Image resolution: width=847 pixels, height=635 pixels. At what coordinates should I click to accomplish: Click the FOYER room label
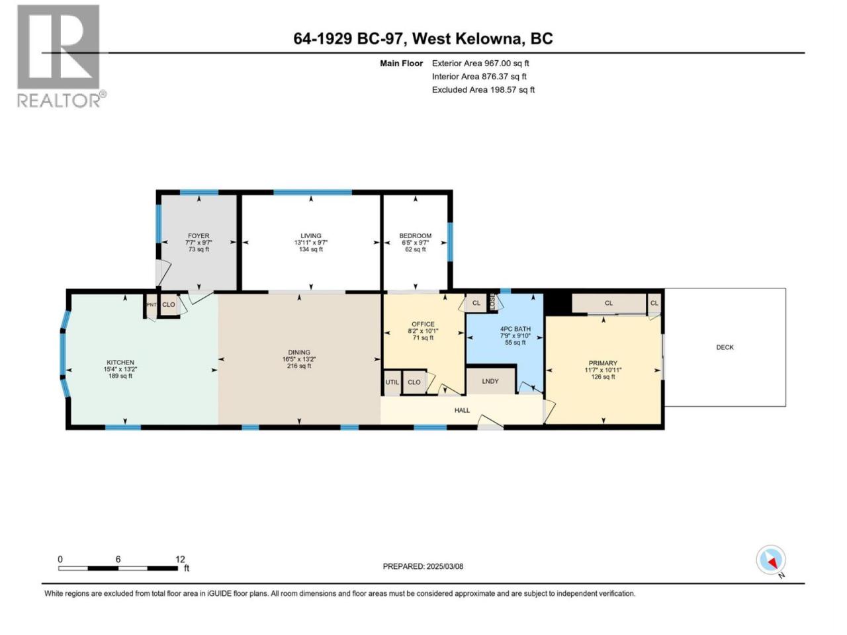click(x=199, y=235)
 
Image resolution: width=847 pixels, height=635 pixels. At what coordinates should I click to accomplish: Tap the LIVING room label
click(x=310, y=235)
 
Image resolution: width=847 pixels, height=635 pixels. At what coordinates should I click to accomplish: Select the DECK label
click(x=725, y=347)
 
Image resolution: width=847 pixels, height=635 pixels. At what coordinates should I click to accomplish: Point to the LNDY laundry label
click(x=490, y=381)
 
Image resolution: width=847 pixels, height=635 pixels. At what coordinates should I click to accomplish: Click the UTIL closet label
click(x=392, y=382)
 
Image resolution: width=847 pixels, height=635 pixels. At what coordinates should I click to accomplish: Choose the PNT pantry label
click(x=152, y=304)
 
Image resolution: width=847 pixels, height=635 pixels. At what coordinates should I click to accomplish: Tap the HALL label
click(x=462, y=410)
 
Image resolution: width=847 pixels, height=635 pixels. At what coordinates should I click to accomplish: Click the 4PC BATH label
click(x=515, y=329)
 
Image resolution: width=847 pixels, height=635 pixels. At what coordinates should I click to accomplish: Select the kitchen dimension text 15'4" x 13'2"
click(x=120, y=369)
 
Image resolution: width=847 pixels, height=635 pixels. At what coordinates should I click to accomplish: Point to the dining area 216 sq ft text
click(x=299, y=366)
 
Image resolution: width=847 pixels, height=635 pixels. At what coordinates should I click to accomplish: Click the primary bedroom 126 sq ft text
click(x=603, y=376)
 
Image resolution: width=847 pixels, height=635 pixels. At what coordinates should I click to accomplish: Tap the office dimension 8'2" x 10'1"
click(x=423, y=331)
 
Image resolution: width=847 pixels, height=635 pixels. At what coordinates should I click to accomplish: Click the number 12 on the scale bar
click(x=180, y=559)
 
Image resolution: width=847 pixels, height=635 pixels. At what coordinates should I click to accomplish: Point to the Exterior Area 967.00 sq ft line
click(x=480, y=63)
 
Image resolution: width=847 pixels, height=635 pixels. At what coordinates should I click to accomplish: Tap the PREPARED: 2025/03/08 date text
click(x=423, y=566)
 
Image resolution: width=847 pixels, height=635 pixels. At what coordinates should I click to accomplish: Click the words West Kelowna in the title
click(x=468, y=38)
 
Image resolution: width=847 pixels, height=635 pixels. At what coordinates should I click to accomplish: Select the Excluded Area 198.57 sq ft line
click(x=483, y=90)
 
